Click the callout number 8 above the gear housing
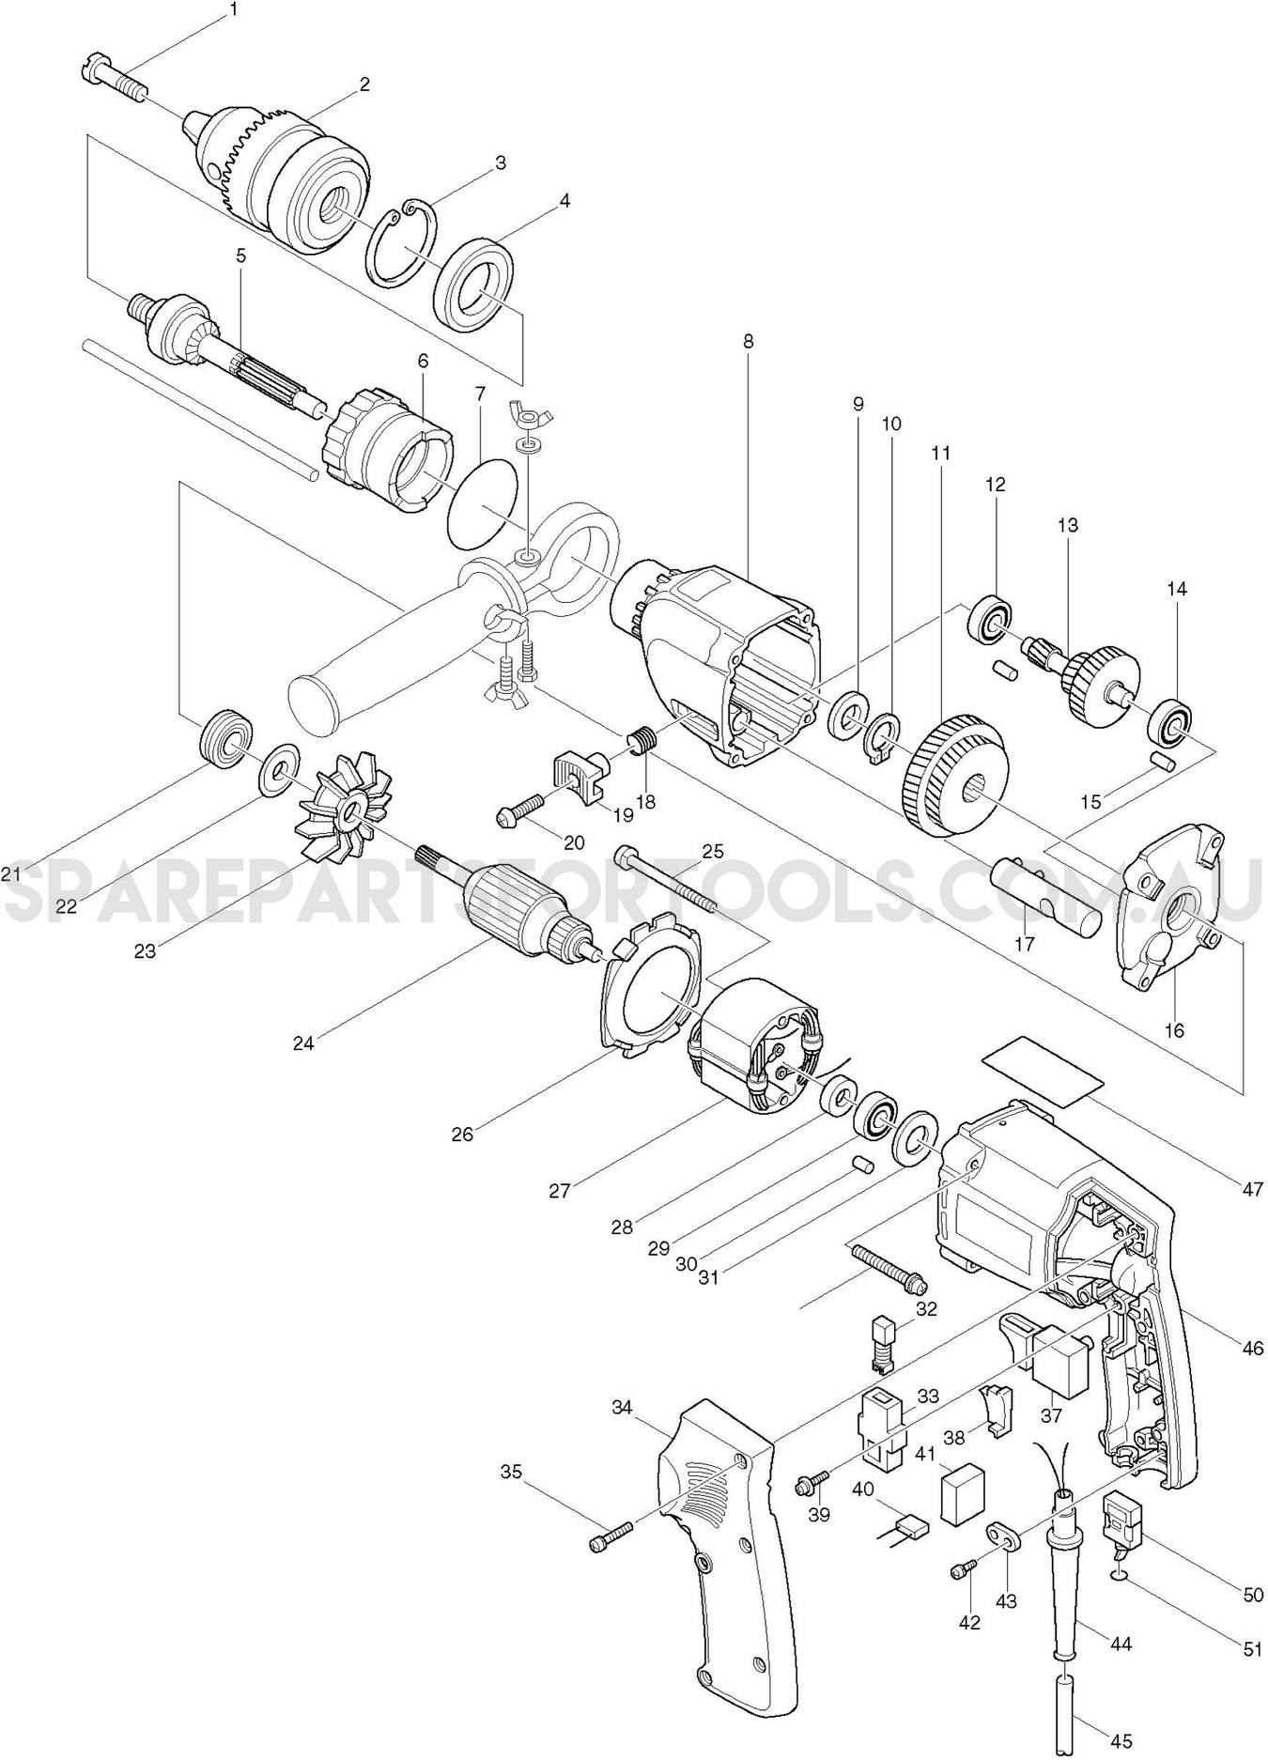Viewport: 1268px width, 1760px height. [x=748, y=341]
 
